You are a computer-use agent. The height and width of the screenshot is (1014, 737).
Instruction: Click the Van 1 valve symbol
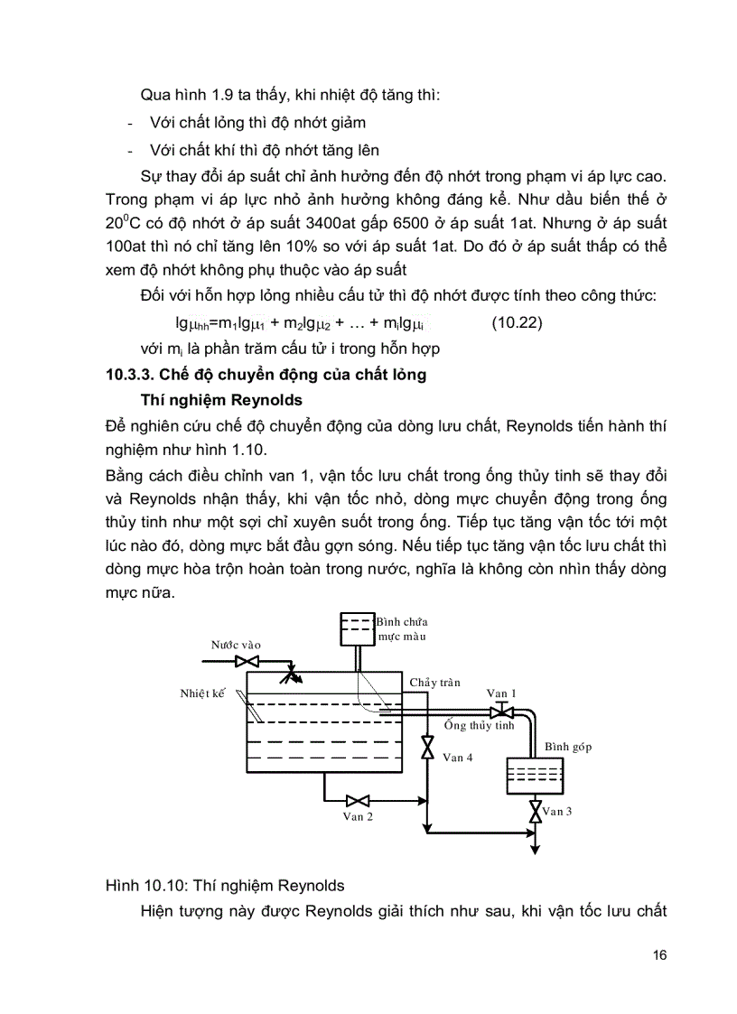click(501, 712)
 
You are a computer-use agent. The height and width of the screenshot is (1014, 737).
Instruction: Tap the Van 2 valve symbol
click(359, 800)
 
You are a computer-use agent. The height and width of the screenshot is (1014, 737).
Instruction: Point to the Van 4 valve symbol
click(427, 749)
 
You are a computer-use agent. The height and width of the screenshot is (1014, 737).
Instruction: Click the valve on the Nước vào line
click(243, 662)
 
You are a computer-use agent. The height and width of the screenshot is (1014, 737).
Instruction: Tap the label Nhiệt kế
click(202, 693)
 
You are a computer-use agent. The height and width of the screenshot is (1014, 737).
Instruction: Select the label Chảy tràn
click(435, 683)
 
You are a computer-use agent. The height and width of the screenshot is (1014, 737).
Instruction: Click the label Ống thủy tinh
click(479, 725)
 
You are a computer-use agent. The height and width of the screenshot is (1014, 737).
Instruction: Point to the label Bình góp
click(568, 748)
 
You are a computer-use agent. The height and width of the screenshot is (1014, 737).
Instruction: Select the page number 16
click(659, 955)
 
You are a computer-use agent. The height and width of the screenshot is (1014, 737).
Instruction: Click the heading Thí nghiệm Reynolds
click(221, 400)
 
